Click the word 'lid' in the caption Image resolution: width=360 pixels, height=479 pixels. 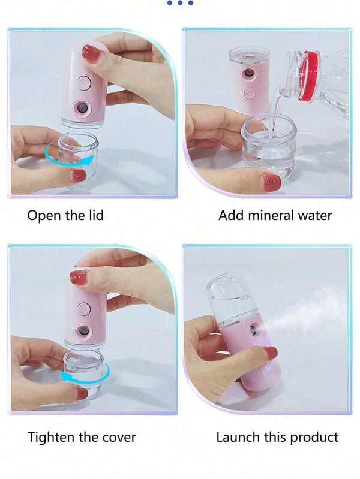(x=95, y=215)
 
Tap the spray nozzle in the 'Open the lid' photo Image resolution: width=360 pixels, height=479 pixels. (x=80, y=109)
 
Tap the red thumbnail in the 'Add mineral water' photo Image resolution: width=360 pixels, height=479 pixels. (x=271, y=182)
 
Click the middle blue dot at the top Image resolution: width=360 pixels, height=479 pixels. (x=180, y=3)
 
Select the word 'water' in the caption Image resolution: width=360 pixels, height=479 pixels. (x=314, y=215)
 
